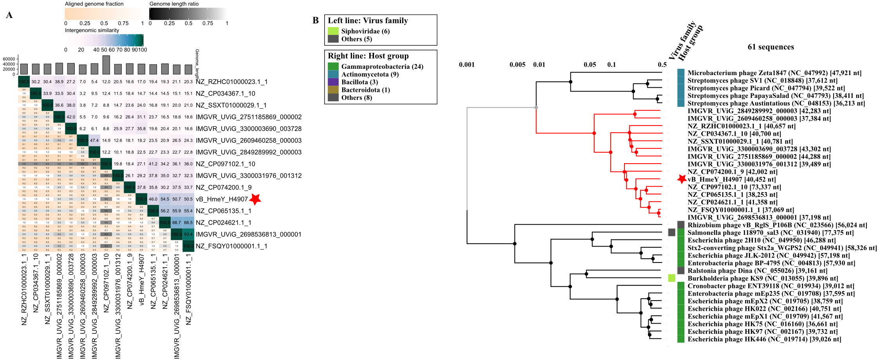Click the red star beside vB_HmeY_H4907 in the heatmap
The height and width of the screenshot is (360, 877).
pyautogui.click(x=255, y=199)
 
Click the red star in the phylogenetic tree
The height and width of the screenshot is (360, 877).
pyautogui.click(x=682, y=179)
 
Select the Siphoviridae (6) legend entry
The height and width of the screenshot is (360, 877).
pyautogui.click(x=365, y=31)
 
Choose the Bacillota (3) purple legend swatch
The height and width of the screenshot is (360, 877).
pyautogui.click(x=333, y=82)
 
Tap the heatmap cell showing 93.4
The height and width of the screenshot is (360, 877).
pyautogui.click(x=188, y=234)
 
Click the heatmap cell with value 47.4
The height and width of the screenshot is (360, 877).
pyautogui.click(x=94, y=140)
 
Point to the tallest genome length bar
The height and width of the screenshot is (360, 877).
pyautogui.click(x=106, y=65)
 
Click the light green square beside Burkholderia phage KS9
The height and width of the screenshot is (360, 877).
pyautogui.click(x=671, y=278)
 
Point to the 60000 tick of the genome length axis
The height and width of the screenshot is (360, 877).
pyautogui.click(x=9, y=59)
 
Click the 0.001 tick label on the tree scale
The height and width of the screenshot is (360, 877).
pyautogui.click(x=467, y=65)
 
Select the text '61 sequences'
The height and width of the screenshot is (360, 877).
pyautogui.click(x=771, y=47)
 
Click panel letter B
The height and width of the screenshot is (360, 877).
pyautogui.click(x=316, y=21)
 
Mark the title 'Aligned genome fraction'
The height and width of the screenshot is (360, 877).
pyautogui.click(x=94, y=4)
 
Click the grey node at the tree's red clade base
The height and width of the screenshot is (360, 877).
pyautogui.click(x=536, y=107)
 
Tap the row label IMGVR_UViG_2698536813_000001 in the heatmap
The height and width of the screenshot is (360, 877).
pyautogui.click(x=249, y=234)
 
